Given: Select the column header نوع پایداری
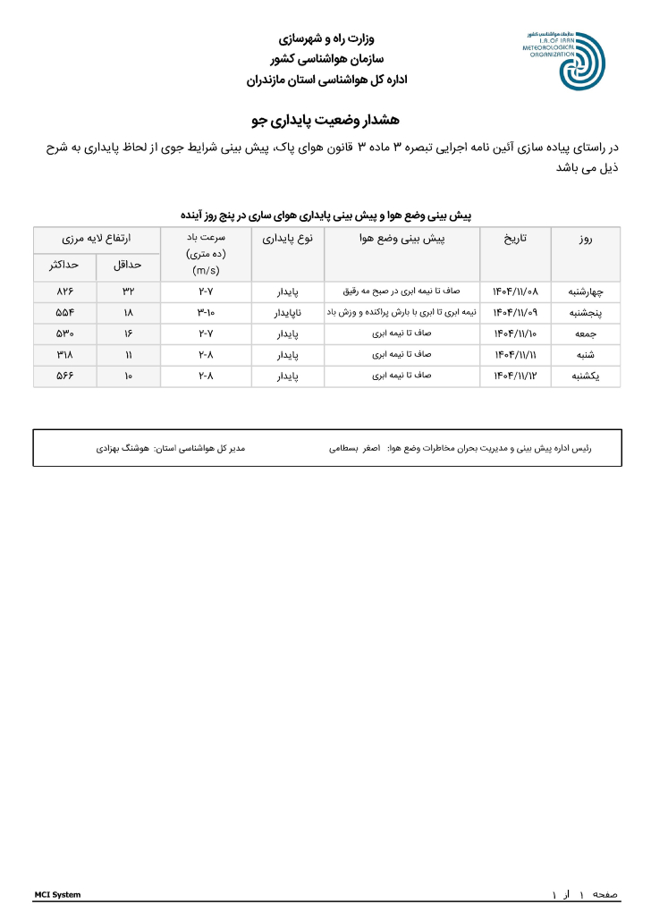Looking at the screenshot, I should [x=287, y=240].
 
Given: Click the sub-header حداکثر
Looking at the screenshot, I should [x=64, y=266].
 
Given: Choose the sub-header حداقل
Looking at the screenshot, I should [x=128, y=266].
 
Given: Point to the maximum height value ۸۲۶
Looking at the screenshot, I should [x=64, y=292].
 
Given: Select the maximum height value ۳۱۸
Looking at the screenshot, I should [x=64, y=355].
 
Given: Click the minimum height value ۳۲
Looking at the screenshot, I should [x=128, y=292].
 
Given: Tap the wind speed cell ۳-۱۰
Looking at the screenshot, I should [x=207, y=312].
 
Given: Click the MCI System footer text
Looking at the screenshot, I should [x=57, y=894].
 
